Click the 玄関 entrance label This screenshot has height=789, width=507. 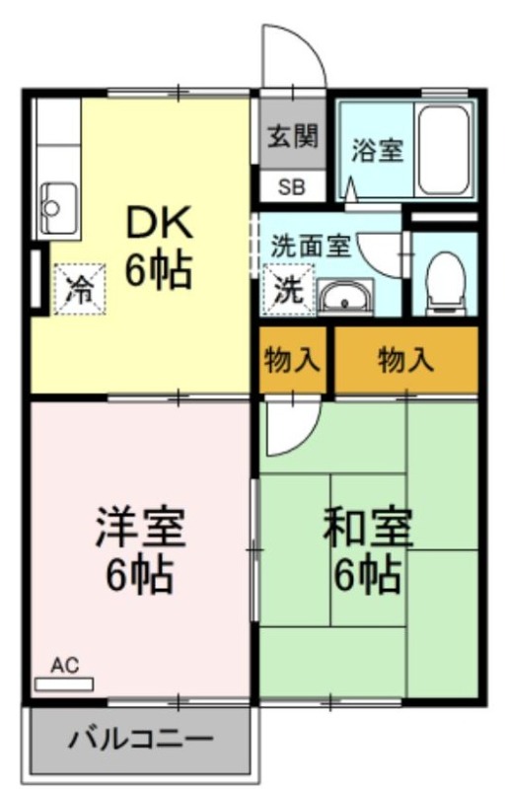[293, 136]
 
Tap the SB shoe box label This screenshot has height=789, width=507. [292, 187]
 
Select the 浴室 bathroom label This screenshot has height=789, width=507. [378, 150]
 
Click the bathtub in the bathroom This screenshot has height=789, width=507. [444, 150]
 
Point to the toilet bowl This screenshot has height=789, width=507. [445, 283]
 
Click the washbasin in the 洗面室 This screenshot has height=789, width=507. [345, 298]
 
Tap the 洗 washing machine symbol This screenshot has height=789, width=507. [288, 290]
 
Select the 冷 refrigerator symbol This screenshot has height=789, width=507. [80, 289]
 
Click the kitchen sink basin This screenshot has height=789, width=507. [59, 206]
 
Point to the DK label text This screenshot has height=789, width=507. [159, 222]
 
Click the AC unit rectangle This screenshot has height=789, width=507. [64, 684]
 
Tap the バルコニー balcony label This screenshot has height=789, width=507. [141, 739]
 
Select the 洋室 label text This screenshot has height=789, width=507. [141, 528]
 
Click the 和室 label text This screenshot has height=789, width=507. [368, 528]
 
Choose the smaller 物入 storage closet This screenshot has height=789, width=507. [293, 360]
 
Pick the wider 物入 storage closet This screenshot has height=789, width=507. [405, 360]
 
